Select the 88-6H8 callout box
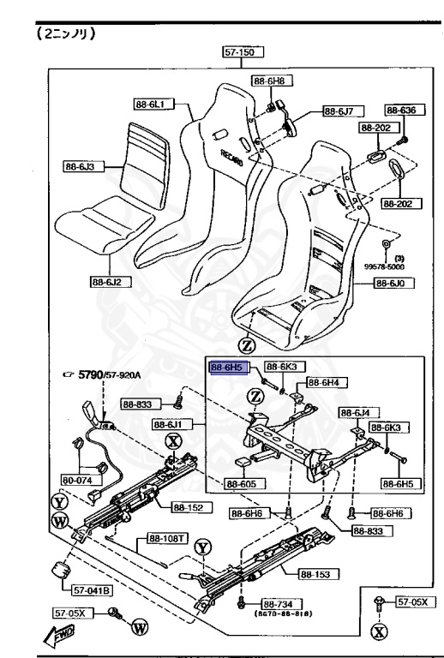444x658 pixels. pyautogui.click(x=268, y=81)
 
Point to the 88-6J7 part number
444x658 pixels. pyautogui.click(x=341, y=111)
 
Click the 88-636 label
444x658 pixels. pyautogui.click(x=400, y=111)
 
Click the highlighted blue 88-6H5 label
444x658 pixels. pyautogui.click(x=228, y=367)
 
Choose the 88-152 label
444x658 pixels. pyautogui.click(x=191, y=507)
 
